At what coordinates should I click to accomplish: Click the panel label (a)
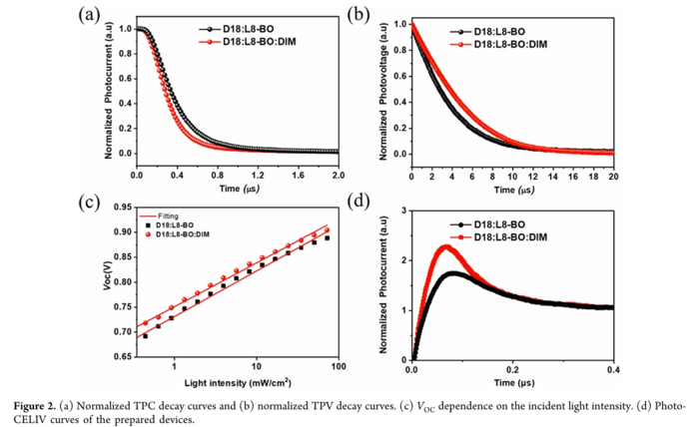pyautogui.click(x=92, y=15)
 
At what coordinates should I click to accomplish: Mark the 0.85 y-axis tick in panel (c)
pyautogui.click(x=122, y=256)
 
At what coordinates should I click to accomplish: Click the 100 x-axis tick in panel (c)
pyautogui.click(x=337, y=367)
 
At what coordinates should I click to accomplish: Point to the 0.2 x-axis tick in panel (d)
pyautogui.click(x=512, y=368)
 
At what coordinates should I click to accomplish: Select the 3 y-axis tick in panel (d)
pyautogui.click(x=402, y=212)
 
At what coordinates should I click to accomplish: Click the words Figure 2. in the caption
pyautogui.click(x=38, y=405)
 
